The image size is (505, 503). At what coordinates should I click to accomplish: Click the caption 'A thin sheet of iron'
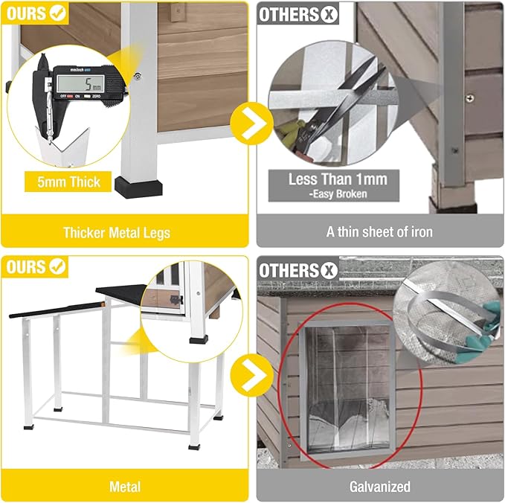click(x=379, y=232)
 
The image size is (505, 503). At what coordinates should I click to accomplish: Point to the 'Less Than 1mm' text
click(x=338, y=179)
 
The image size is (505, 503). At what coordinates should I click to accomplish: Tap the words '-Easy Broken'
click(x=338, y=194)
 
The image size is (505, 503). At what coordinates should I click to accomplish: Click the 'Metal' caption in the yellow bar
click(x=125, y=487)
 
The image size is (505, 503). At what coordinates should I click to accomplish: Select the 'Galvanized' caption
click(x=379, y=487)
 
